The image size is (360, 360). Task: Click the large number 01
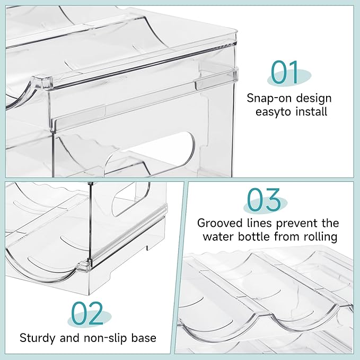click(x=284, y=72)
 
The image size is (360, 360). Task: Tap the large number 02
click(x=87, y=313)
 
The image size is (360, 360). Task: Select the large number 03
click(x=264, y=199)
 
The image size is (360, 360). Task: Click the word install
click(x=311, y=111)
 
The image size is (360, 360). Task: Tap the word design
click(x=313, y=99)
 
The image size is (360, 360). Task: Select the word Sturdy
click(x=38, y=338)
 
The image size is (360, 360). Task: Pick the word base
click(x=144, y=338)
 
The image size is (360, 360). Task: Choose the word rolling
click(x=321, y=237)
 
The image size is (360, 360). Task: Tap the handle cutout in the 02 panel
click(x=130, y=199)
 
